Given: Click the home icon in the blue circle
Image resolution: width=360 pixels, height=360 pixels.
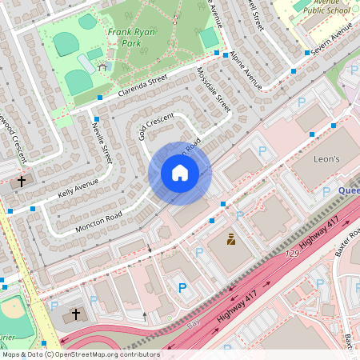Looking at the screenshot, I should (x=180, y=173).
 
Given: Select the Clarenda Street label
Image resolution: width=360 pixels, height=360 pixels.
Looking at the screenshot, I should (x=142, y=86).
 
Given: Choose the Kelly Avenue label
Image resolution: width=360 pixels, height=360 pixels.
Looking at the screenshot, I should (x=78, y=189).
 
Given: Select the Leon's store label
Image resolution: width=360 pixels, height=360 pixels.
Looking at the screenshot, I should (x=326, y=160).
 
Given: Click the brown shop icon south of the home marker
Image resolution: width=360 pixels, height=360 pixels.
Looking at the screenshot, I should (x=230, y=238).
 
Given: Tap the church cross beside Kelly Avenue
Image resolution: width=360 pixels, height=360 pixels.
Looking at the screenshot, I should (x=22, y=182).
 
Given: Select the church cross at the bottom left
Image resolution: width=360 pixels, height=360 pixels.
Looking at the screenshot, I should (x=76, y=315).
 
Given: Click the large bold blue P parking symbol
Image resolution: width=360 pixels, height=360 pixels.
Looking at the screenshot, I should (x=182, y=288).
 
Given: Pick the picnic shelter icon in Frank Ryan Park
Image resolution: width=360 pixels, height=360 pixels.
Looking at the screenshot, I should (x=102, y=67).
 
